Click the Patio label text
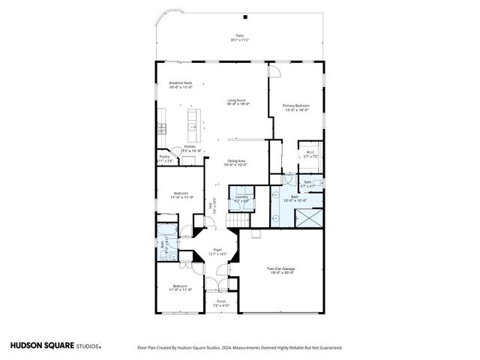[240, 36]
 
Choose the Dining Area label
[238, 160]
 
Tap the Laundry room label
[241, 196]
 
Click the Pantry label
[164, 157]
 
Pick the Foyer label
[217, 250]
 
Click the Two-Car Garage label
[280, 268]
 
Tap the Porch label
[221, 301]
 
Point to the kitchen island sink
[192, 117]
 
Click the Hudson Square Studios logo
[55, 346]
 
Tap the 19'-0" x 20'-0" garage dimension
[280, 274]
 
